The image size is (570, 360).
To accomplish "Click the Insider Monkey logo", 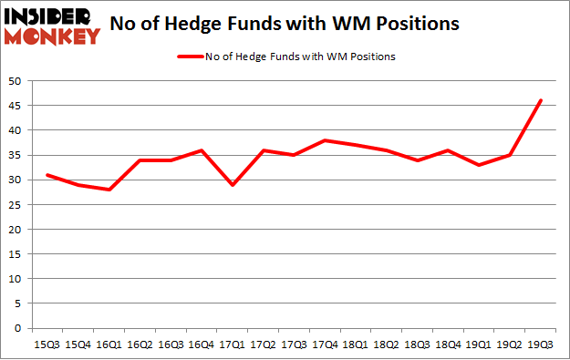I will (51, 25).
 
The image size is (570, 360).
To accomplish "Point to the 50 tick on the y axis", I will (16, 81).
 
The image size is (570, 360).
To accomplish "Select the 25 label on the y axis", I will (16, 204).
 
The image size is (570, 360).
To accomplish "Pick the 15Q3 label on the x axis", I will (47, 345).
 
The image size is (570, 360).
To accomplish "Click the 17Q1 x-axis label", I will (233, 345).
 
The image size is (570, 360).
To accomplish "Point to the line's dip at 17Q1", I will (233, 185).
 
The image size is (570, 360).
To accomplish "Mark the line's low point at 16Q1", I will (109, 190).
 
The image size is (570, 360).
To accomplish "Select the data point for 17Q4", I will (326, 140).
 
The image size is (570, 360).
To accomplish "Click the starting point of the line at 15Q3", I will (47, 175).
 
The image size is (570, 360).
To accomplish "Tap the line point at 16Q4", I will (202, 150).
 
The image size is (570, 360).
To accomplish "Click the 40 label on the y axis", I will (16, 130).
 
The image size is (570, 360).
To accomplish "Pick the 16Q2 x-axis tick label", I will (140, 345).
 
